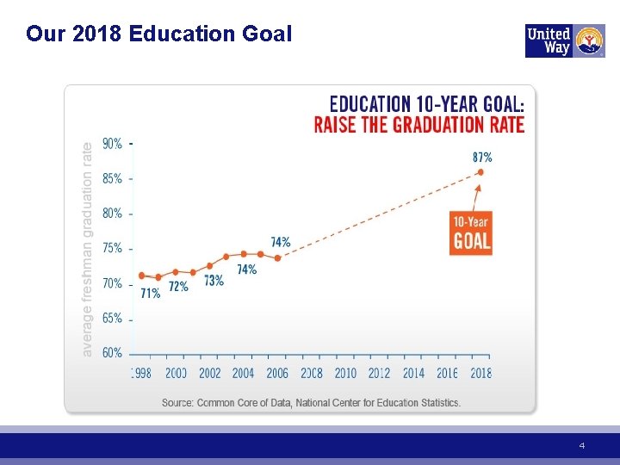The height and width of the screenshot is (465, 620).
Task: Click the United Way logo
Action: coord(565,40)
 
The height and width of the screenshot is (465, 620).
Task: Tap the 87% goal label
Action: coord(482,158)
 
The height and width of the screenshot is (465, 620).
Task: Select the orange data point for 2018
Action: coord(480,172)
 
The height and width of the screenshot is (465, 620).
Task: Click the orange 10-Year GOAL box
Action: coord(471,232)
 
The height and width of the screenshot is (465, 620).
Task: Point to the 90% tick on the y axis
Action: coord(131,144)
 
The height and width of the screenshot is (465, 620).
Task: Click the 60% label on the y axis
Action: coord(112,353)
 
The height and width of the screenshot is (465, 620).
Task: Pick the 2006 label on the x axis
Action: coord(277,373)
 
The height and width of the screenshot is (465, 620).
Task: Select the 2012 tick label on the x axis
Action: coord(379,373)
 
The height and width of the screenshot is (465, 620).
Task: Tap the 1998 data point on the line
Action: coord(141,276)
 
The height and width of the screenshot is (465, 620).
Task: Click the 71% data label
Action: coord(151,294)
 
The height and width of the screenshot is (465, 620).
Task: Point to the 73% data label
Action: coord(214,281)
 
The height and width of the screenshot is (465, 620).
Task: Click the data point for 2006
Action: coord(277,258)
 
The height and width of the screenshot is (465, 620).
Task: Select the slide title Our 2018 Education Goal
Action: coord(159,34)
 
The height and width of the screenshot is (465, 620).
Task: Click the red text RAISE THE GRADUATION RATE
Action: coord(419,125)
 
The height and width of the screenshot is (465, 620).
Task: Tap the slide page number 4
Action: coord(581,446)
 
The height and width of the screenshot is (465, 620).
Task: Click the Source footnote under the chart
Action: coord(311,403)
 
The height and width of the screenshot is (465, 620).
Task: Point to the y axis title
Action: coord(87,250)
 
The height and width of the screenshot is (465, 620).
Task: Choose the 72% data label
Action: coord(179,286)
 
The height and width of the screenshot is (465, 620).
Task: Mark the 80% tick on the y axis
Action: coord(131,214)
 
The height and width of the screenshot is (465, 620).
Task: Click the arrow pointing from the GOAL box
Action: coord(476,198)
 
